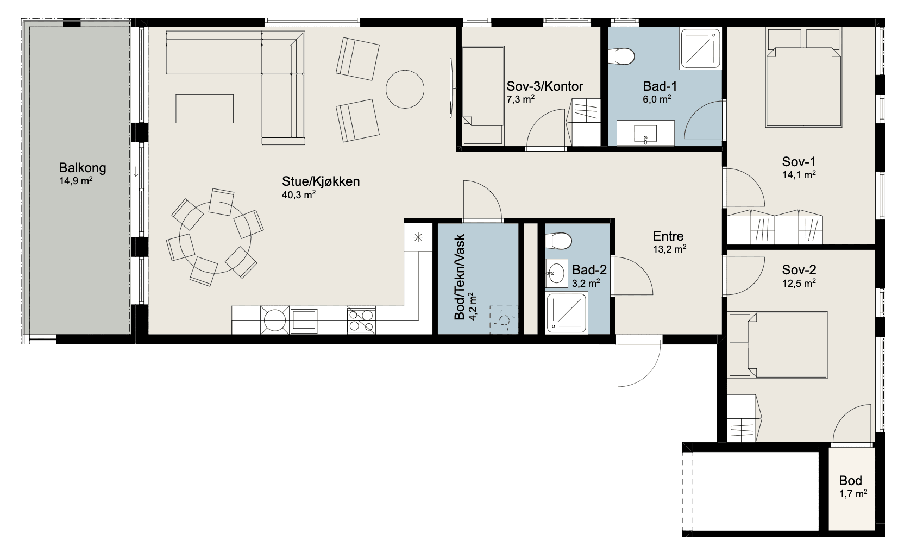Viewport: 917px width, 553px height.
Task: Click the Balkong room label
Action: point(82,168)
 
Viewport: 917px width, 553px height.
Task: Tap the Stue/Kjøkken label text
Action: point(321,181)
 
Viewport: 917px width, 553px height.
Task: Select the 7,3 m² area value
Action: point(520,99)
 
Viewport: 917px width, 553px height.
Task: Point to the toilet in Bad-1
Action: point(621,56)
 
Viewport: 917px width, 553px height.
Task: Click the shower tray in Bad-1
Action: point(700,48)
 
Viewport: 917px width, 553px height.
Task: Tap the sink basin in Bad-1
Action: point(645,134)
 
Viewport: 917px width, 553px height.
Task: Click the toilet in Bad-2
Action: point(558,241)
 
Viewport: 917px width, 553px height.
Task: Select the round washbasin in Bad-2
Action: point(556,272)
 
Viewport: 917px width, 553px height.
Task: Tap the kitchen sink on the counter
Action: point(303,319)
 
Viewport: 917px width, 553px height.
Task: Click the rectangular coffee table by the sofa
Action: point(205,109)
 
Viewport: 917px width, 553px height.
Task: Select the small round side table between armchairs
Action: point(405,89)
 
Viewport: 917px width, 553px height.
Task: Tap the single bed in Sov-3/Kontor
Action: point(482,96)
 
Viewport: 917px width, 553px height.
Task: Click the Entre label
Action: point(668,236)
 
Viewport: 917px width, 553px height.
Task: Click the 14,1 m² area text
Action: point(799,175)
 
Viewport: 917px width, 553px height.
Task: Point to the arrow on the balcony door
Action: point(136,172)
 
